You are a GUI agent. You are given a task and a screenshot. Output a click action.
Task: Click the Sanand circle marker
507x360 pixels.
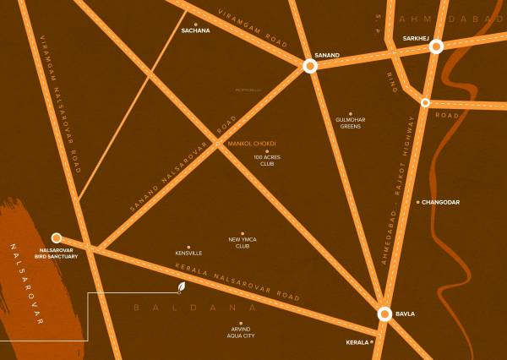(310, 66)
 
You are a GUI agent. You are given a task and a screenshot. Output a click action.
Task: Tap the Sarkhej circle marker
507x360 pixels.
(436, 47)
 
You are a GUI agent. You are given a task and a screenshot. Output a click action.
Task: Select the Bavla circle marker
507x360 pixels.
(384, 314)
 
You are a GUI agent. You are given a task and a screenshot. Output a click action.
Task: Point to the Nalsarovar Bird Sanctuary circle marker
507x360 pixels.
(57, 238)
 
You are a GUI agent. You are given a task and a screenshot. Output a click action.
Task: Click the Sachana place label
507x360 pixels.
(196, 31)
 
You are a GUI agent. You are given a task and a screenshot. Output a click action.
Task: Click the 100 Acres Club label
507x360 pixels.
(265, 161)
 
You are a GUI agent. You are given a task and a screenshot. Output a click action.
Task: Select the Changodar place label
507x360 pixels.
(441, 203)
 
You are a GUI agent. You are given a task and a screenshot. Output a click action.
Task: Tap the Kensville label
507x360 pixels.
(188, 253)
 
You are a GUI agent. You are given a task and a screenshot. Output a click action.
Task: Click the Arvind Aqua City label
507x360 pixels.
(241, 332)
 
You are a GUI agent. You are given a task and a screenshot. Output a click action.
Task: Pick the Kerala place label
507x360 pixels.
(358, 341)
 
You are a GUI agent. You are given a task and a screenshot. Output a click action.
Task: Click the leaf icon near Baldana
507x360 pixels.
(181, 288)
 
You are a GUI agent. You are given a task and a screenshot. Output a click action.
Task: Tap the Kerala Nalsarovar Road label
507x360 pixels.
(237, 282)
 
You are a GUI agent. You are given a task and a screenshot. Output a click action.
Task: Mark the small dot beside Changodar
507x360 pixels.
(417, 202)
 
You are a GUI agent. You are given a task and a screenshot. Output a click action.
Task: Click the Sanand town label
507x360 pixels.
(326, 56)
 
